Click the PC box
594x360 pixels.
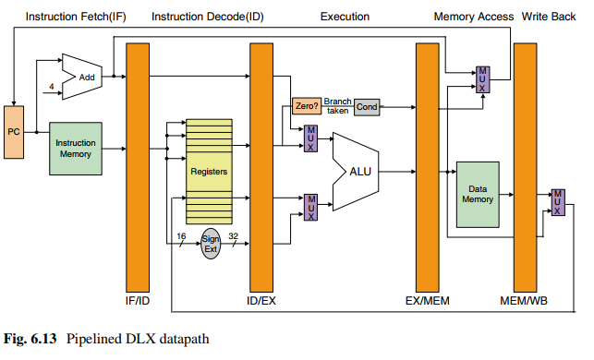pyautogui.click(x=14, y=132)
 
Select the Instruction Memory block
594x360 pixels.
pyautogui.click(x=76, y=149)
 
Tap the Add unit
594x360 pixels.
pyautogui.click(x=82, y=77)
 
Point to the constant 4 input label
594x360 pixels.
pyautogui.click(x=52, y=87)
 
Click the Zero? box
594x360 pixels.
pyautogui.click(x=307, y=106)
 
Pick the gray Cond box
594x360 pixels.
pyautogui.click(x=367, y=107)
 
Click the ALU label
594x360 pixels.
pyautogui.click(x=360, y=172)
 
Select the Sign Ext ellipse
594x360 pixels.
pyautogui.click(x=211, y=244)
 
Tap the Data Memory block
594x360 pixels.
pyautogui.click(x=478, y=195)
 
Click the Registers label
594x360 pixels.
pyautogui.click(x=209, y=172)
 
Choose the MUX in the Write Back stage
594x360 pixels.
pyautogui.click(x=558, y=202)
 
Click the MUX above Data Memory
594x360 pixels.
pyautogui.click(x=482, y=79)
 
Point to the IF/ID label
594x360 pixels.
pyautogui.click(x=138, y=301)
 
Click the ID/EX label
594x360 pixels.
pyautogui.click(x=261, y=301)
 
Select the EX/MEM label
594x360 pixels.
pyautogui.click(x=428, y=301)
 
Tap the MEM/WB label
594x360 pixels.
pyautogui.click(x=524, y=301)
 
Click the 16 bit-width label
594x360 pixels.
pyautogui.click(x=181, y=236)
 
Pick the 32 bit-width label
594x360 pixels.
pyautogui.click(x=234, y=236)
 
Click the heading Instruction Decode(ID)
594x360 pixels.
pyautogui.click(x=208, y=17)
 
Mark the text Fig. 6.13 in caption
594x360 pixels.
pyautogui.click(x=30, y=339)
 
